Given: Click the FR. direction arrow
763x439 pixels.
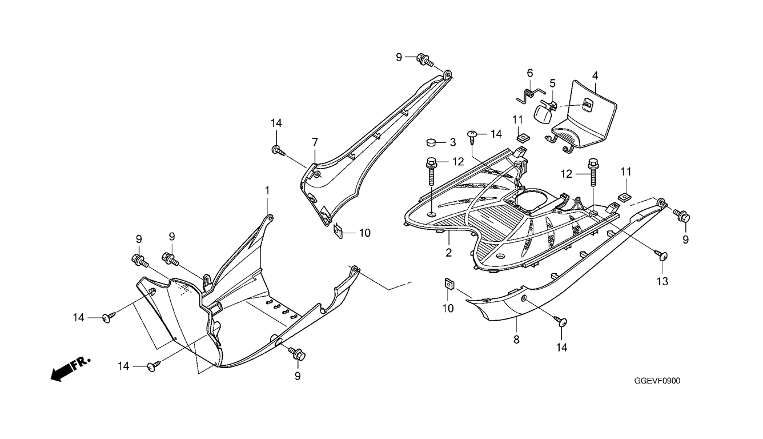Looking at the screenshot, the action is pos(70,369).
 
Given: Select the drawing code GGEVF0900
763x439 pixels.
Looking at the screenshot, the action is pos(657,381).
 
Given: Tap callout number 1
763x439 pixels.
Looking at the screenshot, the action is pos(267,190).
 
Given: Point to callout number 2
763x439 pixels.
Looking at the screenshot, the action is pos(448,253).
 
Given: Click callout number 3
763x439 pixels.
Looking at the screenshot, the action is pos(453,142).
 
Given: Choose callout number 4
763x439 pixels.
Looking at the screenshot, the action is pos(595,75).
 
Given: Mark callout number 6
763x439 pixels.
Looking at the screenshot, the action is pos(530,73).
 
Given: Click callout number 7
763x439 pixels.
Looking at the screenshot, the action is pos(315,142).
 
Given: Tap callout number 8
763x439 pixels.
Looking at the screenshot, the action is pos(516,340).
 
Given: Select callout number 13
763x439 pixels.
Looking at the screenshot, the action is pos(662,281).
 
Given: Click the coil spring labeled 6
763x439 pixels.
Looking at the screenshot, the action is pos(531,95).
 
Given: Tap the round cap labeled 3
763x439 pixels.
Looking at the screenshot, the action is pos(432,142).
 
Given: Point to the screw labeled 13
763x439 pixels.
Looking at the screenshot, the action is pos(661,256).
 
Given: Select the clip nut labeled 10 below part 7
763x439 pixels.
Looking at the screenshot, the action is pos(338,231).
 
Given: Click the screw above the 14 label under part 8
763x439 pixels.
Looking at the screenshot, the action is pos(560,321).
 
